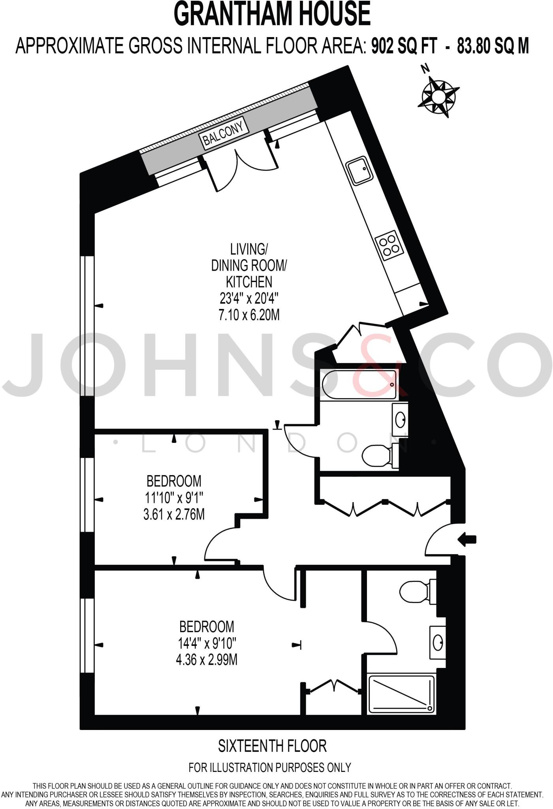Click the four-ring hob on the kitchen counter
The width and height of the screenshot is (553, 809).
click(x=388, y=245)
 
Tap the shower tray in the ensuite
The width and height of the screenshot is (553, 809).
click(x=401, y=694)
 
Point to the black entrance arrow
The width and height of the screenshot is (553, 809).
click(x=467, y=540)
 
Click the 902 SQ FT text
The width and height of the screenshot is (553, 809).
click(x=404, y=46)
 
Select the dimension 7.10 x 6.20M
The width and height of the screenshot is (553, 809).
click(x=249, y=315)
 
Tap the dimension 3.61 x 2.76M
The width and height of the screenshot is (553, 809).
click(x=174, y=514)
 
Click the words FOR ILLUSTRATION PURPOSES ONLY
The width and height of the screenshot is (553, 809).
click(x=270, y=767)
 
